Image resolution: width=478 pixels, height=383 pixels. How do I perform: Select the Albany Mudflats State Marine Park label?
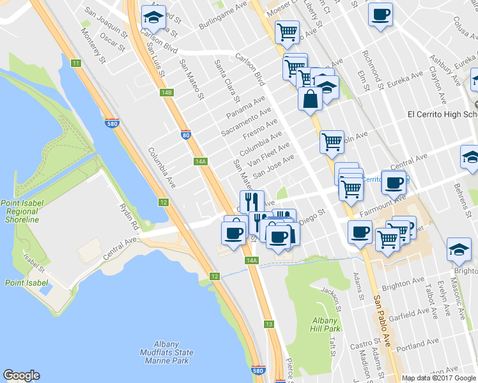[x=166, y=356]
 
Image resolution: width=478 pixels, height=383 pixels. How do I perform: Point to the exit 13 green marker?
[x=269, y=324]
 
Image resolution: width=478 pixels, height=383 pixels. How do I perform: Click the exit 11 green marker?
[x=76, y=63]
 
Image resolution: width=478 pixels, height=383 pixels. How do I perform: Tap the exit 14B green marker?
[x=167, y=93]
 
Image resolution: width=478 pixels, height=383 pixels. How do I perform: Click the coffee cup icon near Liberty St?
[x=380, y=15]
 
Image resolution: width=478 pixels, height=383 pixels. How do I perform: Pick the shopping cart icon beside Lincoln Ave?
[x=331, y=142]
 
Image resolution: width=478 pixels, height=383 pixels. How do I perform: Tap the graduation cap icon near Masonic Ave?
[x=459, y=250]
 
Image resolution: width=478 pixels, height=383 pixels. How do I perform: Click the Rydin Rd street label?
[x=130, y=217]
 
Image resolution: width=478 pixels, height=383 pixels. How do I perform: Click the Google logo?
[x=21, y=375]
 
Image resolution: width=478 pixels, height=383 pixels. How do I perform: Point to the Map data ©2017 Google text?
[x=438, y=378]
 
